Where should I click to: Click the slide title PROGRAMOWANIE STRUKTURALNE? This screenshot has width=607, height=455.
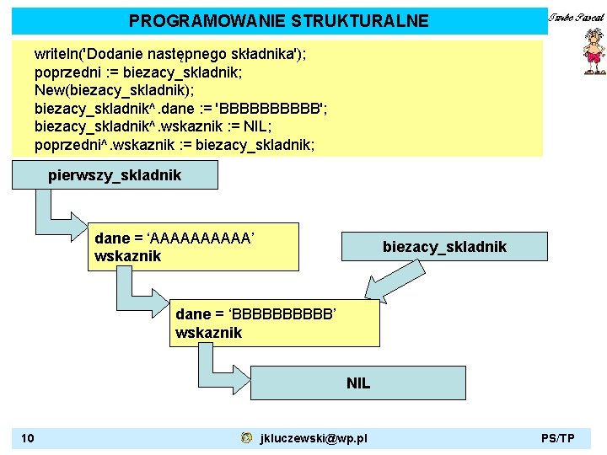[278, 21]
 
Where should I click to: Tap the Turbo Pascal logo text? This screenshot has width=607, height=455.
[576, 18]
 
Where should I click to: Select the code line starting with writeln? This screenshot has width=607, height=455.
[170, 55]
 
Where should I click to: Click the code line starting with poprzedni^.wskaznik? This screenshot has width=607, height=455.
[175, 145]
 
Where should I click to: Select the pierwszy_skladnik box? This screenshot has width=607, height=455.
[115, 175]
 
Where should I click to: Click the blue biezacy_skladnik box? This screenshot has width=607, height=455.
[444, 246]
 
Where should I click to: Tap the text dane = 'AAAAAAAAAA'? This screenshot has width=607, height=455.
[175, 239]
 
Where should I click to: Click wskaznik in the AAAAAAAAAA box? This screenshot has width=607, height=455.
[128, 256]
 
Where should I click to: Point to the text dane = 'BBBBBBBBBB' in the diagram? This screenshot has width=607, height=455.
[256, 315]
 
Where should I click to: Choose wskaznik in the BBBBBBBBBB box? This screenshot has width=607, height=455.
[208, 333]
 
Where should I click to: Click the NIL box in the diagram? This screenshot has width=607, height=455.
[358, 383]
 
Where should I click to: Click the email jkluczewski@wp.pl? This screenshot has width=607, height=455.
[314, 438]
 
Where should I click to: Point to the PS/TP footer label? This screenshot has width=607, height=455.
[558, 438]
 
